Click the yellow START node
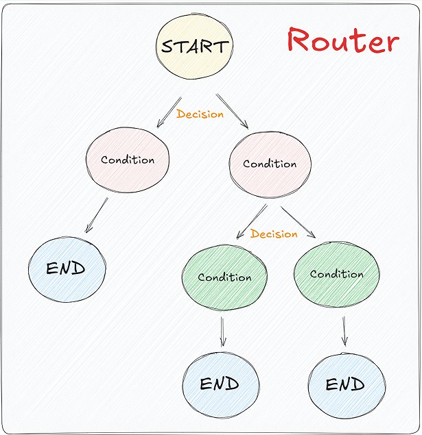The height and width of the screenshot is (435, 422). click(x=194, y=47)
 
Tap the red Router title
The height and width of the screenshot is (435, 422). click(x=342, y=41)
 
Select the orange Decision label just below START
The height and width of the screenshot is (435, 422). click(x=200, y=114)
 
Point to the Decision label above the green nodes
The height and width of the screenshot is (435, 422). click(x=274, y=234)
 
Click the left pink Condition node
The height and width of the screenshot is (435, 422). click(x=128, y=160)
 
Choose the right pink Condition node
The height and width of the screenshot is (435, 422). click(x=270, y=164)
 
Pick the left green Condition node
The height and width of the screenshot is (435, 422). click(x=224, y=277)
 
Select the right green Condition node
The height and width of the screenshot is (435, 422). click(x=336, y=274)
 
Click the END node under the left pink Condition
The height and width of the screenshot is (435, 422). click(x=67, y=269)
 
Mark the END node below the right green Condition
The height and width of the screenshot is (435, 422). click(x=345, y=384)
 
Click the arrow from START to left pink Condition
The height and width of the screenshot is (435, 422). click(x=169, y=112)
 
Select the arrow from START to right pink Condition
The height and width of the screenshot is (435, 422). click(x=232, y=110)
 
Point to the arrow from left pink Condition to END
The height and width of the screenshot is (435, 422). click(x=97, y=216)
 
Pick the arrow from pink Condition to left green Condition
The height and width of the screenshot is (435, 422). click(x=251, y=221)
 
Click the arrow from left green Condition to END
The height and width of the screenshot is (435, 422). click(x=222, y=331)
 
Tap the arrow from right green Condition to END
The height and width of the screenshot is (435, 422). click(x=344, y=330)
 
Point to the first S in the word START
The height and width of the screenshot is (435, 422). click(x=167, y=47)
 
